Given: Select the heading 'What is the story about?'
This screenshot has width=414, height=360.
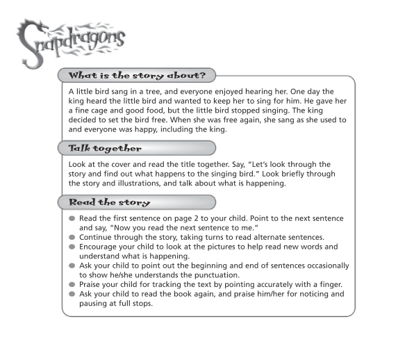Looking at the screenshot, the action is point(135,74).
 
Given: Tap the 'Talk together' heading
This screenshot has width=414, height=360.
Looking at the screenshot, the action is point(105,148).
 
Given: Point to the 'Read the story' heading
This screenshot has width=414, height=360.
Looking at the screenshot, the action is point(110,202).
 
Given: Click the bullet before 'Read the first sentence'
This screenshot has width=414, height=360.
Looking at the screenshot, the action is point(72,218).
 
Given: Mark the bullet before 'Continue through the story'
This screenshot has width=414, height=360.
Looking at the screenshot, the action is point(72,237).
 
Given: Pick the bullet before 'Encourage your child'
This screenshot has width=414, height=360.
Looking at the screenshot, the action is point(72,247).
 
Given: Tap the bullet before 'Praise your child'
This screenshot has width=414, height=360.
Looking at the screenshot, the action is point(72,285).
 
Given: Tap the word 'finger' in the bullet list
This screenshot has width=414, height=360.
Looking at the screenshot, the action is point(330,285).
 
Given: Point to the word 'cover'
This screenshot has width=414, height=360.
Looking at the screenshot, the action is point(119,165).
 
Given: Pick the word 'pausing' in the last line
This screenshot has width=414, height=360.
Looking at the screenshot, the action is point(95,304).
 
